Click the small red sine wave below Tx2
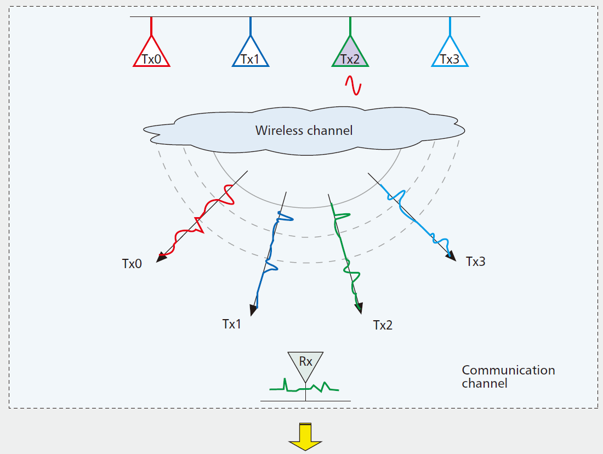353,85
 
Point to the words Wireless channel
304,130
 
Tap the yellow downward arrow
305,436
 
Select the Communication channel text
508,377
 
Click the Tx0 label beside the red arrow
132,264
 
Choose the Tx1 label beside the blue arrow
232,324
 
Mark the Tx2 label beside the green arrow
383,325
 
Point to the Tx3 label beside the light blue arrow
476,262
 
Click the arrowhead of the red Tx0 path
161,258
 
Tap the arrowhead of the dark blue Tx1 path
253,310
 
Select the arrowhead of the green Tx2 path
359,309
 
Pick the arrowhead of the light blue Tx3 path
451,257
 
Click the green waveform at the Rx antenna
304,386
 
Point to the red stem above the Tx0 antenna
151,26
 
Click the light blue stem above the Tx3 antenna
450,26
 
